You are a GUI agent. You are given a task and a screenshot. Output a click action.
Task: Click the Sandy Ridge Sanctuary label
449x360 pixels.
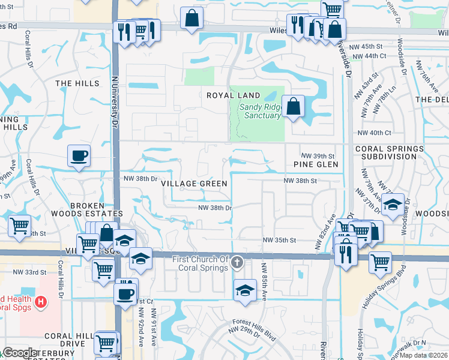click(261, 112)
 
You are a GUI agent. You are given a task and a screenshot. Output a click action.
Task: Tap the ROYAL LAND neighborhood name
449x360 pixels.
click(234, 95)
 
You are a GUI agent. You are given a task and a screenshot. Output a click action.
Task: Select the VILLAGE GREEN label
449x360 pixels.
click(194, 184)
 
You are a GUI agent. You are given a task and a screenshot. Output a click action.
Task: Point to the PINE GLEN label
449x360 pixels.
click(316, 164)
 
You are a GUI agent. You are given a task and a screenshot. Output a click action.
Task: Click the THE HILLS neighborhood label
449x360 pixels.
click(76, 83)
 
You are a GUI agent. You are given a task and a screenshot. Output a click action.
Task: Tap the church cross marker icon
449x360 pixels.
click(238, 262)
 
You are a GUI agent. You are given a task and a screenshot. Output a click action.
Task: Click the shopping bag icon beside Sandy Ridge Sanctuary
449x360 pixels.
click(293, 107)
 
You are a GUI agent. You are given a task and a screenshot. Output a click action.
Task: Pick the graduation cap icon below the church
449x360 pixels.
click(245, 290)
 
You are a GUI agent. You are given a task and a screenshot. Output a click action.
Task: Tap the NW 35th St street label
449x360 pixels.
click(280, 241)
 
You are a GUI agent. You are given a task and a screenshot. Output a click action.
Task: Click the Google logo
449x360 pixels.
click(19, 353)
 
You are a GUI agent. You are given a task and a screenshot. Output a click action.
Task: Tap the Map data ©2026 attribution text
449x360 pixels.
click(423, 355)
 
